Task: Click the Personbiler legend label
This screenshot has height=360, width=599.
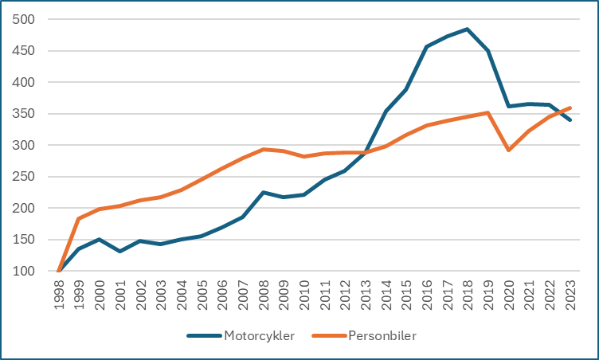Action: (x=382, y=335)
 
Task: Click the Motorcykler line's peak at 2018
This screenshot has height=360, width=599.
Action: (x=468, y=29)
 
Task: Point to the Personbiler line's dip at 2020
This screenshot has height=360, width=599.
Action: (x=509, y=150)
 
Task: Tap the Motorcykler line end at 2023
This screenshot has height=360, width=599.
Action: (x=570, y=120)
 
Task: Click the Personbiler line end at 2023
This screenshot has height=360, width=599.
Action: (x=570, y=108)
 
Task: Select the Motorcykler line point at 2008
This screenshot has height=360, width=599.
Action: (x=264, y=192)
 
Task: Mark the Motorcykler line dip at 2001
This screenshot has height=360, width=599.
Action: (x=120, y=251)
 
